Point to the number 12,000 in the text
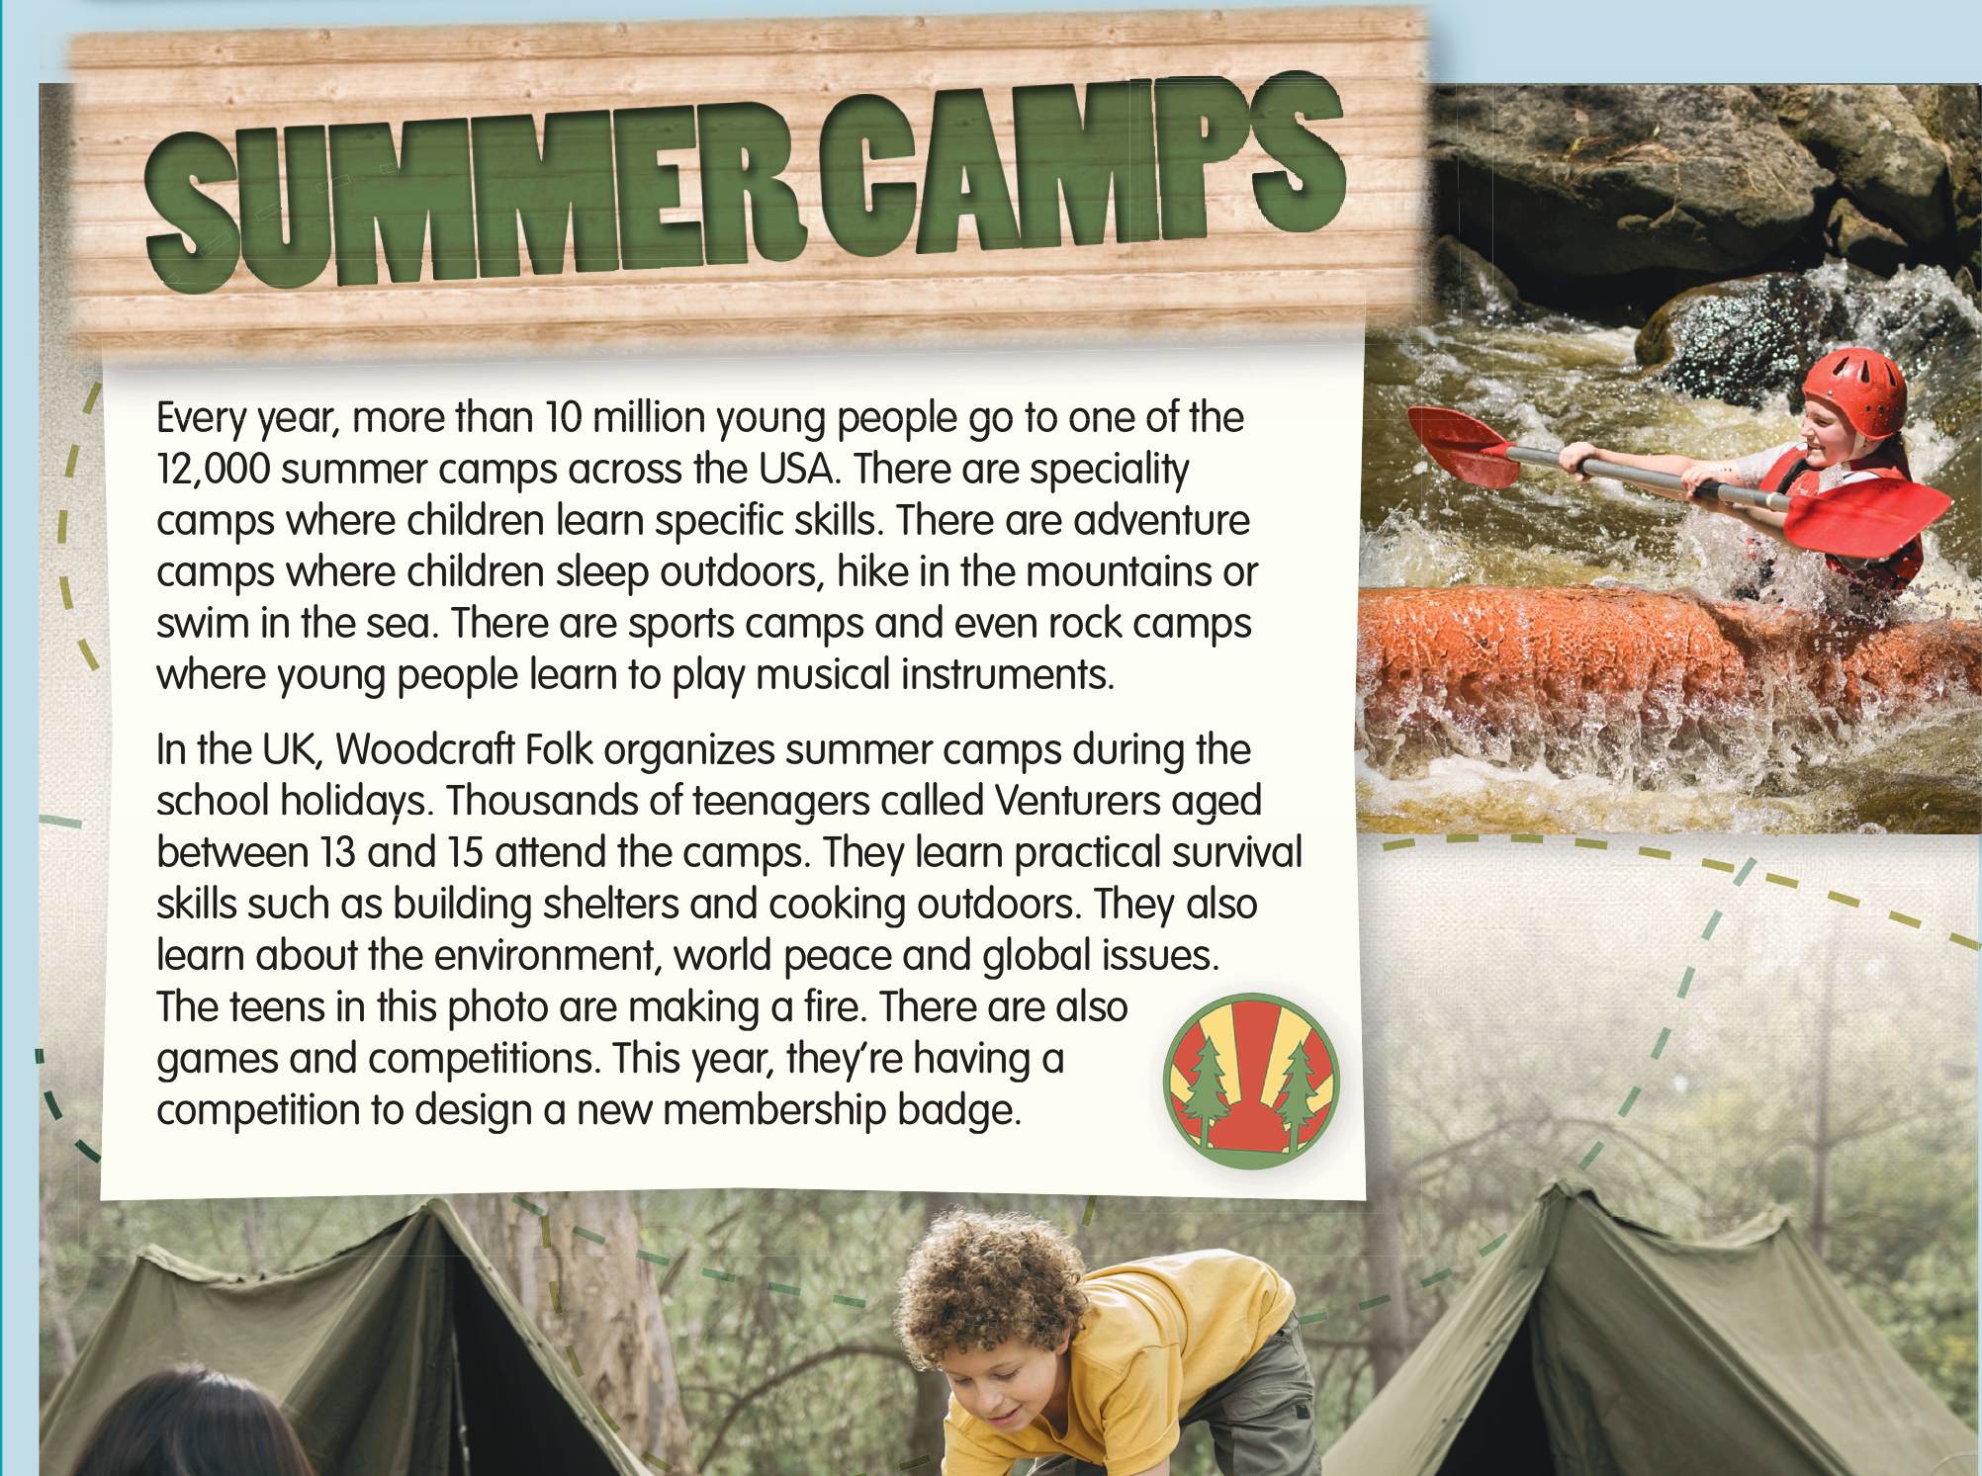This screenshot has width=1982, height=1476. pyautogui.click(x=213, y=470)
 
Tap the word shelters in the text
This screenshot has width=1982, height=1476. pyautogui.click(x=603, y=904)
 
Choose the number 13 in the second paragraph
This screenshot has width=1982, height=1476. pyautogui.click(x=337, y=853)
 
